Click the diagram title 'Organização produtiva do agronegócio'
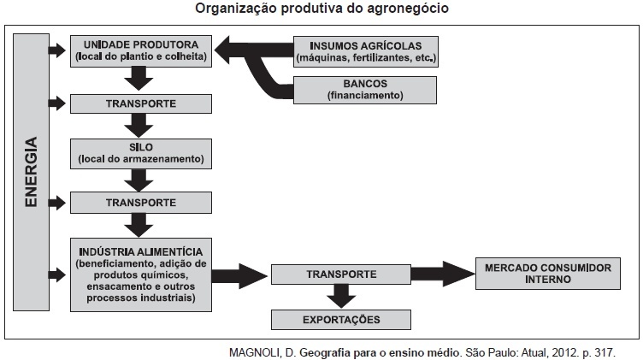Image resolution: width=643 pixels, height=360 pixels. (321, 9)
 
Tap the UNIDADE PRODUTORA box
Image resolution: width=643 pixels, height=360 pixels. (141, 50)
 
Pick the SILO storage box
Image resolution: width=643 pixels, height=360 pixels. (141, 152)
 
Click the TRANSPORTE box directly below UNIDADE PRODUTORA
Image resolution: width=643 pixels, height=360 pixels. (141, 103)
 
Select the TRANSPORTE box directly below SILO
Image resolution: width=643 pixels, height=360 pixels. (141, 203)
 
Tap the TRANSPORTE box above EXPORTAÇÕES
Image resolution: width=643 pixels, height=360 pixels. (340, 274)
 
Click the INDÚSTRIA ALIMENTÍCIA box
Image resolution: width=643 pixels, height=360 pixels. (141, 274)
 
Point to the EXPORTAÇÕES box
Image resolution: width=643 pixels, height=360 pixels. (340, 320)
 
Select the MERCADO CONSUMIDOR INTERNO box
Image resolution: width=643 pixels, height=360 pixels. (547, 274)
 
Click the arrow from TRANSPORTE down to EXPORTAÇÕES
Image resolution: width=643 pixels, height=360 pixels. (341, 296)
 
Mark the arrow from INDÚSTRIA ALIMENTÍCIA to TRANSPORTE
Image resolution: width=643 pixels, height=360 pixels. (240, 275)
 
